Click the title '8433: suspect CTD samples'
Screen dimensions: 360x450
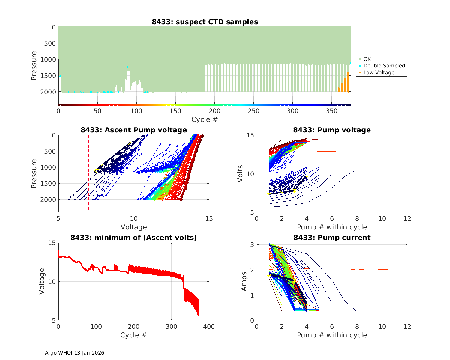(x=205, y=22)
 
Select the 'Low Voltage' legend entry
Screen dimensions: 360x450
(x=379, y=73)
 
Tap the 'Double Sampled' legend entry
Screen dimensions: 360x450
(x=384, y=66)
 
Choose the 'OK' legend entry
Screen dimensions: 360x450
(x=367, y=59)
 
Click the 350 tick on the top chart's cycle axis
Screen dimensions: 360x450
(x=332, y=111)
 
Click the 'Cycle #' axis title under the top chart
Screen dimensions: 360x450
(x=205, y=119)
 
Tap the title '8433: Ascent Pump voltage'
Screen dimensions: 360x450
(x=134, y=130)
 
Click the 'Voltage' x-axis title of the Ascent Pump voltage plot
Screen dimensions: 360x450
(x=134, y=227)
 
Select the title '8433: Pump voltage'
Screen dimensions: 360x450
(x=332, y=130)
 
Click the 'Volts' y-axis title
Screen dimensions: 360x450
(x=240, y=174)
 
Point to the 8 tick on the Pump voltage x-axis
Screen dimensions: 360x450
(x=357, y=218)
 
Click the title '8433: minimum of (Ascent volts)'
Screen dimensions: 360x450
(x=134, y=238)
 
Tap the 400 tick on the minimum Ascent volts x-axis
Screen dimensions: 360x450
(x=209, y=326)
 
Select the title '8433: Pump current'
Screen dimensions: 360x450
(x=332, y=238)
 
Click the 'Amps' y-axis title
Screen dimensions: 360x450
(x=244, y=281)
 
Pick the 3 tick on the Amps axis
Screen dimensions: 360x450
(x=252, y=245)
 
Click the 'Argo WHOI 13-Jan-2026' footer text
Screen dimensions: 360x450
(x=74, y=353)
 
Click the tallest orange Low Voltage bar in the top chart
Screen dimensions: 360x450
(x=348, y=82)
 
